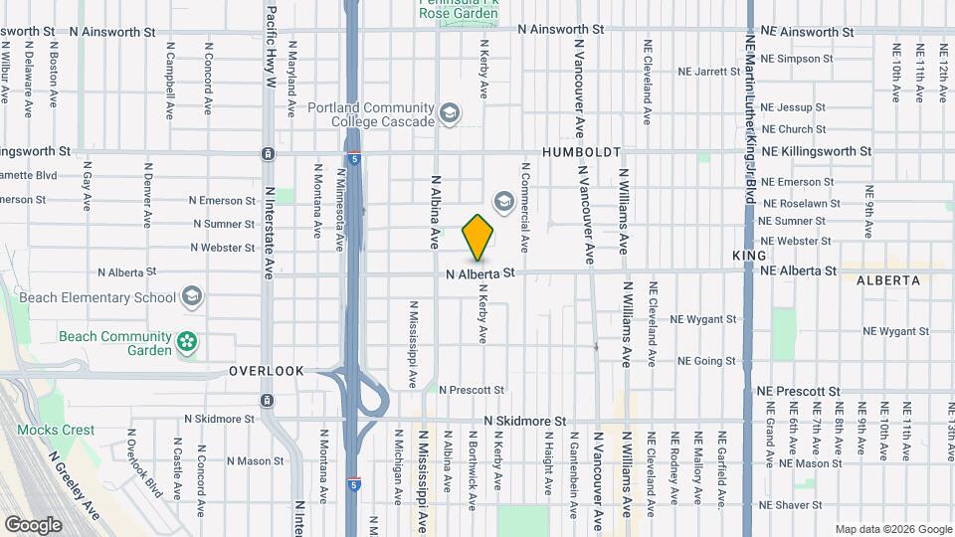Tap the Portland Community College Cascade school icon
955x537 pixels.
tap(450, 114)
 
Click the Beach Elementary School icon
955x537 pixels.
tap(191, 297)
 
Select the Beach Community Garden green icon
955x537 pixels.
tap(186, 343)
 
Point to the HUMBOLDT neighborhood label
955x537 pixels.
tap(582, 152)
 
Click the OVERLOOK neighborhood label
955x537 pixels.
tap(266, 371)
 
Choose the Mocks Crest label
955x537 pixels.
tap(56, 431)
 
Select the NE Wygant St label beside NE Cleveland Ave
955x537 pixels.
tap(703, 320)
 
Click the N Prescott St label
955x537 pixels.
tap(472, 390)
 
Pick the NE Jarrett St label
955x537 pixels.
tap(709, 72)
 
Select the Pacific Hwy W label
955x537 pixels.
tap(270, 48)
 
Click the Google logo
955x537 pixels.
tap(32, 524)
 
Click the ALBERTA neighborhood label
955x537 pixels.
tap(887, 280)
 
